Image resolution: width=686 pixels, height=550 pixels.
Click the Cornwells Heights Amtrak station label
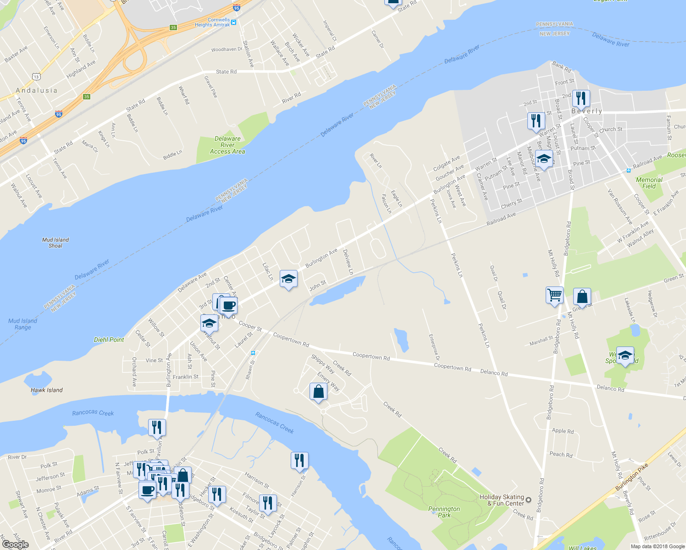tap(213, 22)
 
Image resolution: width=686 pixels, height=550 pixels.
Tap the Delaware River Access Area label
tap(227, 145)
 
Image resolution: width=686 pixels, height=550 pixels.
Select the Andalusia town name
tap(37, 90)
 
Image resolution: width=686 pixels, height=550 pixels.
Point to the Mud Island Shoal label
tap(55, 242)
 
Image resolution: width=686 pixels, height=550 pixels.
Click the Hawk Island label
tap(47, 390)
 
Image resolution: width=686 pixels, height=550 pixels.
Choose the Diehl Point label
tap(109, 340)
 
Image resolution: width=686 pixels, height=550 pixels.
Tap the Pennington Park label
tap(444, 512)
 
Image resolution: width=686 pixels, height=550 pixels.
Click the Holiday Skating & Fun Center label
tap(502, 500)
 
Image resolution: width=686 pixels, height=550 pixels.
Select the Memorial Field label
tap(649, 183)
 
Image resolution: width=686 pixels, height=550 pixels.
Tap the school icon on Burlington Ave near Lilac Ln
tap(288, 279)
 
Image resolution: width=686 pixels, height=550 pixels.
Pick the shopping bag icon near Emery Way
tap(318, 392)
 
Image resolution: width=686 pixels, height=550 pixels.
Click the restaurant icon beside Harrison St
tap(299, 460)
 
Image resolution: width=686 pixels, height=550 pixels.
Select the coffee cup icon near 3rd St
tap(228, 305)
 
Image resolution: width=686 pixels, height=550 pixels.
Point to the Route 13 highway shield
tap(36, 77)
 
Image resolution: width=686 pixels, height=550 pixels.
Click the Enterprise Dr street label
tap(434, 346)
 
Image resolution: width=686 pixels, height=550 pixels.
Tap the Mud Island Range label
tap(22, 324)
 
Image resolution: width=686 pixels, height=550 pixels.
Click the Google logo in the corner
tap(15, 544)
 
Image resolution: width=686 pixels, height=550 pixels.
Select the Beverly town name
tap(587, 111)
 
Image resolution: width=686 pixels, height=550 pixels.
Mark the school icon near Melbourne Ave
tap(544, 159)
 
